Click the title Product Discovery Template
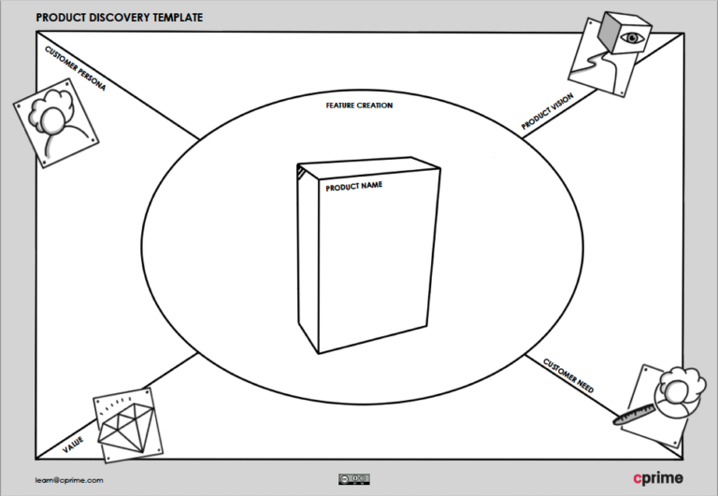point(118,18)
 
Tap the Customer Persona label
point(76,69)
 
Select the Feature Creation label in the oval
point(359,106)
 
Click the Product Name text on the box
point(354,187)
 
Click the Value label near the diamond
point(73,444)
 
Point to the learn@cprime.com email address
point(69,479)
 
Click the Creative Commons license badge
point(353,479)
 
